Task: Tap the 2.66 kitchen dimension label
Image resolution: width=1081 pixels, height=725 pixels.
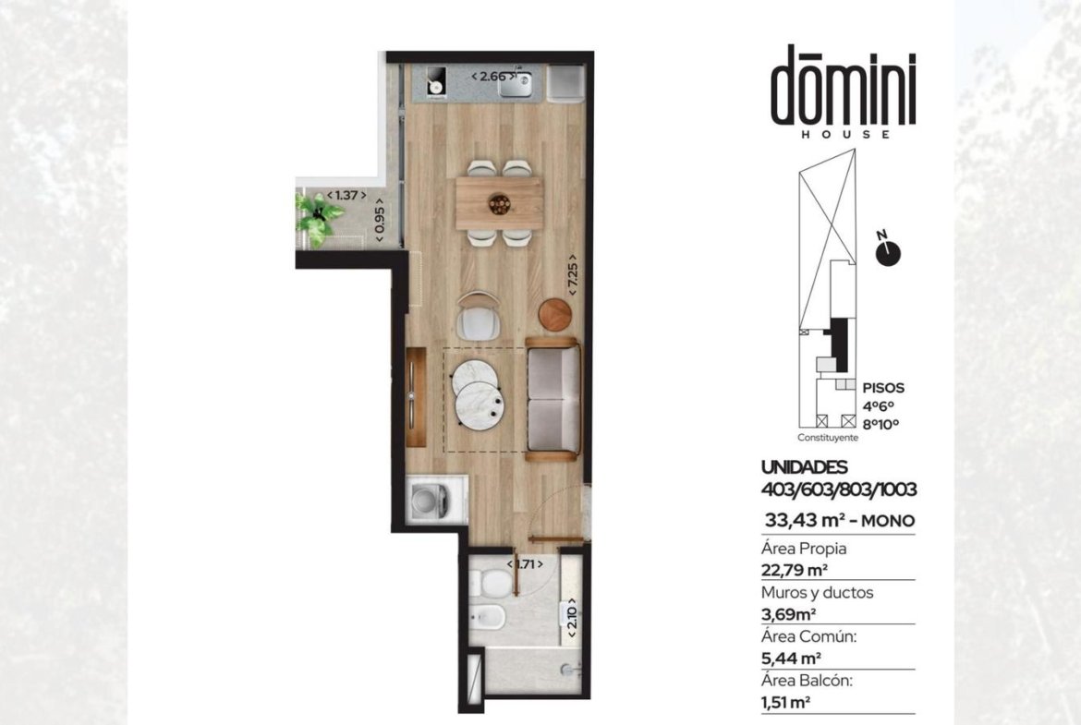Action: [x=493, y=77]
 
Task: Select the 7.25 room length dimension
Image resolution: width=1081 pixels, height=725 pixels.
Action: [x=572, y=275]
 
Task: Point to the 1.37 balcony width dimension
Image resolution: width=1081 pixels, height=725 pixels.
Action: [x=346, y=195]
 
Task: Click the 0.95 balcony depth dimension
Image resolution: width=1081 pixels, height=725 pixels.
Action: [x=379, y=221]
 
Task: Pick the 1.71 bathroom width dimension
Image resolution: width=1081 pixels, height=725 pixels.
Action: [x=526, y=563]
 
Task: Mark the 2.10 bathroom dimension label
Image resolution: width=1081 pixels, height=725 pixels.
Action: [x=572, y=618]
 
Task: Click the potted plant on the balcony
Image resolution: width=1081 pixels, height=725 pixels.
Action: [x=318, y=218]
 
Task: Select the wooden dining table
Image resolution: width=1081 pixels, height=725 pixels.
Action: [x=498, y=203]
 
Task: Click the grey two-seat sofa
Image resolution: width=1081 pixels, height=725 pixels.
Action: [x=553, y=399]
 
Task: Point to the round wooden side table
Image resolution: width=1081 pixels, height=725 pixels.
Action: [x=555, y=314]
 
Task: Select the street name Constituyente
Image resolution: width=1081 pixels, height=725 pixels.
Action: [x=828, y=438]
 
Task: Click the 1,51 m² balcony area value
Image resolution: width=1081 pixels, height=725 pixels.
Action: [x=785, y=702]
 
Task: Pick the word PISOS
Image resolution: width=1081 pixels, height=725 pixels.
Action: [x=883, y=388]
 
